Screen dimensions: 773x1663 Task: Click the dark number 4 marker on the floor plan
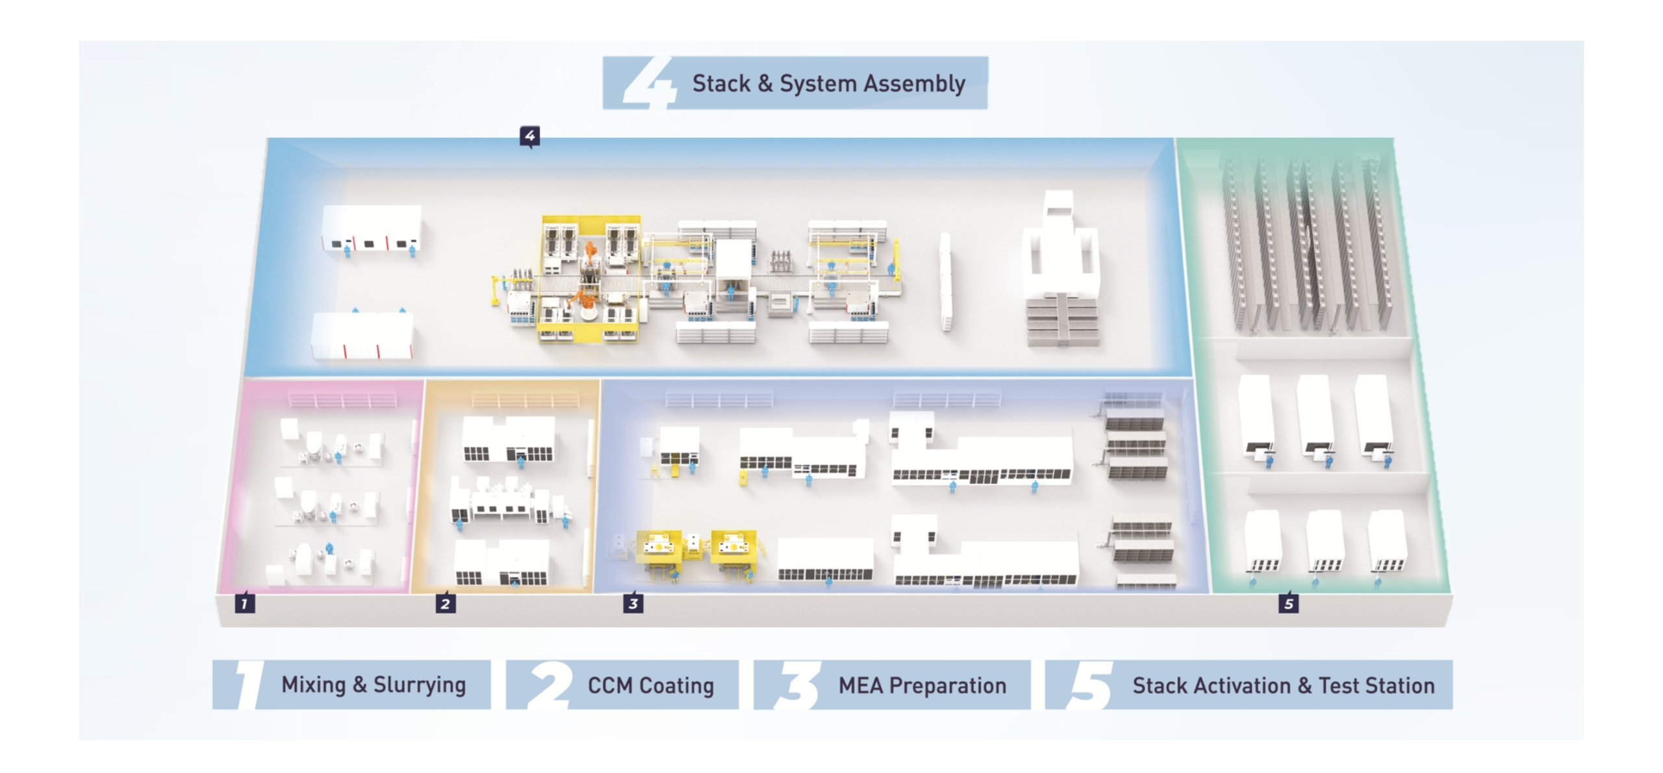click(x=530, y=136)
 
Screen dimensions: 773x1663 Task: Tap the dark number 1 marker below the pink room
click(x=244, y=603)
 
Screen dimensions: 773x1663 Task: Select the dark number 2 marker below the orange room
click(x=445, y=603)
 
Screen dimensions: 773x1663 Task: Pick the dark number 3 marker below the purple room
click(x=633, y=603)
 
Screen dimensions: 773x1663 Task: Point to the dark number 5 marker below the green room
click(x=1289, y=603)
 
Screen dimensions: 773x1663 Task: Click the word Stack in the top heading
click(x=721, y=84)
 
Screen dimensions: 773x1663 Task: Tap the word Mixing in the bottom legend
click(x=313, y=685)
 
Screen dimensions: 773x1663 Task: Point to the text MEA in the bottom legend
click(x=860, y=686)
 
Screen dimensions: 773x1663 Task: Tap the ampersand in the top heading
click(x=765, y=84)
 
